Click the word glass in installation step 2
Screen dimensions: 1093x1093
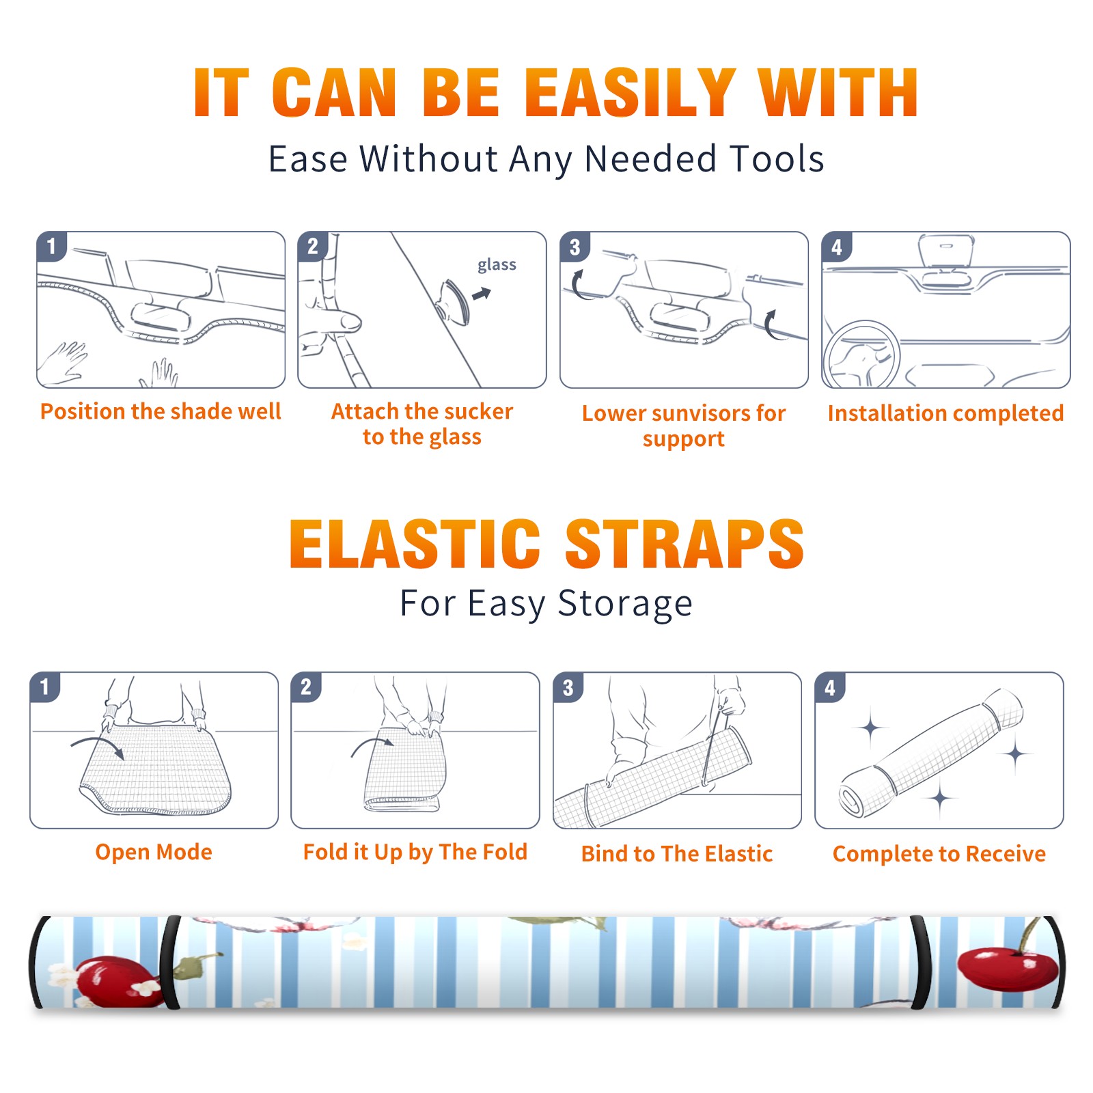point(497,265)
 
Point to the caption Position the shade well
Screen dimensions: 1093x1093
point(161,411)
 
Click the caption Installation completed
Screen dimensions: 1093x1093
point(945,413)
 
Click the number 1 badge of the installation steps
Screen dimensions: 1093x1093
point(52,246)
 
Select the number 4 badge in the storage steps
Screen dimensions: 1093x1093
point(830,687)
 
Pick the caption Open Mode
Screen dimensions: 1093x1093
point(154,852)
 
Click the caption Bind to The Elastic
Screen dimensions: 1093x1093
point(676,854)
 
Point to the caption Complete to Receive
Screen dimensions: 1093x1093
point(939,854)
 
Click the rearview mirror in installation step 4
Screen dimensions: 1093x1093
point(946,252)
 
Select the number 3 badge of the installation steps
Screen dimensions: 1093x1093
point(575,246)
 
